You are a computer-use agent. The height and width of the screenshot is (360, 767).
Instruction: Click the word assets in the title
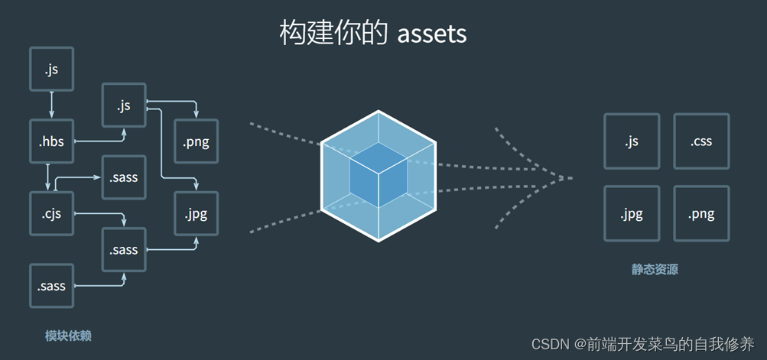(x=432, y=34)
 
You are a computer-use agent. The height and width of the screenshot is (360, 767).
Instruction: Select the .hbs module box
(x=51, y=141)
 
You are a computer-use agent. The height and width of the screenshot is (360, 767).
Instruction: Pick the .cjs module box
(x=51, y=213)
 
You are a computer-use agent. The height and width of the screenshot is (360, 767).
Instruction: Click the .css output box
(x=701, y=141)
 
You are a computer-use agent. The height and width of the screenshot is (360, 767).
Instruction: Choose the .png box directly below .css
(x=701, y=213)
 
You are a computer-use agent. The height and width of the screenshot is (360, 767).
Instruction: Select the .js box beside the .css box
(x=632, y=141)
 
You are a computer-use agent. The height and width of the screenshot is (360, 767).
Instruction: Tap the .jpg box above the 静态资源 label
(x=632, y=213)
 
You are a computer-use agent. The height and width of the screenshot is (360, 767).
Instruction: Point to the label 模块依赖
(x=68, y=336)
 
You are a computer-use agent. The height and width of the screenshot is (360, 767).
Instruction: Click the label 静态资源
(x=655, y=269)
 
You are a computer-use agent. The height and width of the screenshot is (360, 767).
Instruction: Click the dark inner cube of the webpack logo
(x=379, y=174)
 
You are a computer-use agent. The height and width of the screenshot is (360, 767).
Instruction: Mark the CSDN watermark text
(x=642, y=343)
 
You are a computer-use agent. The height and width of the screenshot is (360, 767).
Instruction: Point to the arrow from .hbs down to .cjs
(x=48, y=177)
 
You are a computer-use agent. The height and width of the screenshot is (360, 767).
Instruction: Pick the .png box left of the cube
(x=197, y=141)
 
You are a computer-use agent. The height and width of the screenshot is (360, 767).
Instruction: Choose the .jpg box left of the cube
(x=197, y=213)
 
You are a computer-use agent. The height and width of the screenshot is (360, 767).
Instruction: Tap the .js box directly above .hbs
(x=51, y=70)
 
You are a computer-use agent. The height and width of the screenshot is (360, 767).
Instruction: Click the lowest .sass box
(x=51, y=286)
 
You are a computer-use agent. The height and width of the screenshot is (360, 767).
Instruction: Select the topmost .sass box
(x=124, y=177)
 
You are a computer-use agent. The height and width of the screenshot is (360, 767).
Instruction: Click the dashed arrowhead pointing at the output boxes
(x=562, y=178)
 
